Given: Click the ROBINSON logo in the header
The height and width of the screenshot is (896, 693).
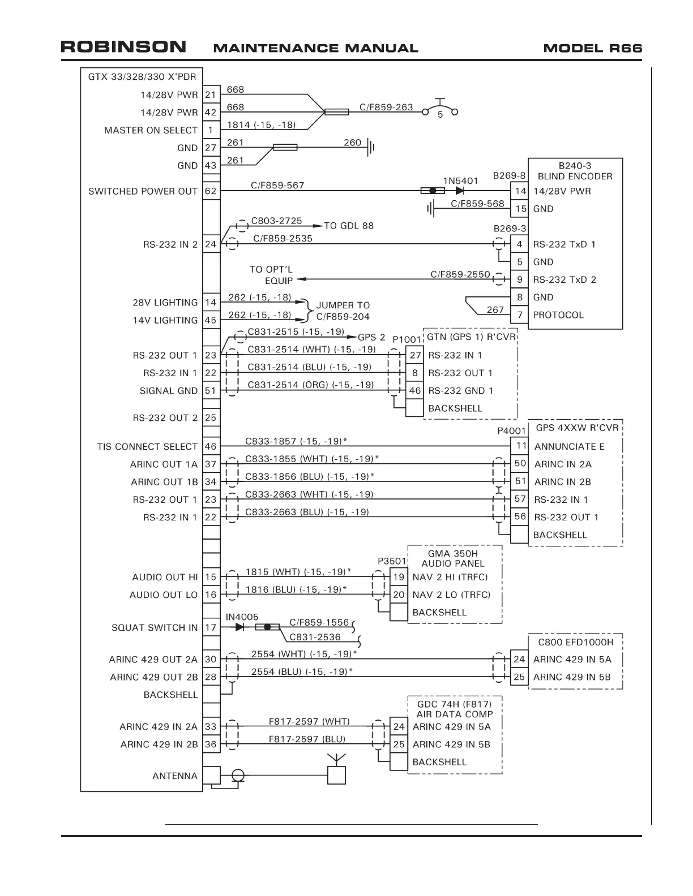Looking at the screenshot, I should (x=123, y=46).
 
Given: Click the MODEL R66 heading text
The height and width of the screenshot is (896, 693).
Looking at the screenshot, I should (x=592, y=48).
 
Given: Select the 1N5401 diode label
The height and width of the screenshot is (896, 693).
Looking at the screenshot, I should (x=460, y=181).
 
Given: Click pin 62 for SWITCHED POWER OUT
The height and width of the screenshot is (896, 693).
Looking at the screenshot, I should (x=211, y=191).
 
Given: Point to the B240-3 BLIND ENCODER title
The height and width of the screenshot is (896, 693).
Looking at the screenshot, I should (x=575, y=171).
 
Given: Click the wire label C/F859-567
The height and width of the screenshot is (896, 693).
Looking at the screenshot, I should (x=277, y=185).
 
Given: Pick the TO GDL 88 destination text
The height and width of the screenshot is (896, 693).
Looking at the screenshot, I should (x=349, y=226).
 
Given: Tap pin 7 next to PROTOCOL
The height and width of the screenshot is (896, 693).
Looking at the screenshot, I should (x=520, y=315).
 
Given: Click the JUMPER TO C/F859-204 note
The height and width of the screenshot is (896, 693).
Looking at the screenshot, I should (x=343, y=311).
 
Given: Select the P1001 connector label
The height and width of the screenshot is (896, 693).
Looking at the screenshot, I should (x=407, y=339).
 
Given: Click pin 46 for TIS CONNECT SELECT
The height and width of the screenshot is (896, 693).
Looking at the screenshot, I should (x=211, y=447).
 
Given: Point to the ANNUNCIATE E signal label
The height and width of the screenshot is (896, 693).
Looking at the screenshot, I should (x=569, y=447).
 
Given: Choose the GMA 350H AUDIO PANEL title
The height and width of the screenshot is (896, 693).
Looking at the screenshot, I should (x=453, y=558).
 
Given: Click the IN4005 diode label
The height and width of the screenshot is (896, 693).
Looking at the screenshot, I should (x=242, y=617).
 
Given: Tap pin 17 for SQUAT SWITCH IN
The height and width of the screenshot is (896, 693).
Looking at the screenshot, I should (x=211, y=627).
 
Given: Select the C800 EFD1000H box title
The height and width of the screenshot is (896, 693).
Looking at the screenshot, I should (x=575, y=642).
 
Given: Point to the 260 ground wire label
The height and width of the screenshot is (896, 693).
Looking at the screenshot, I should (x=352, y=143).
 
